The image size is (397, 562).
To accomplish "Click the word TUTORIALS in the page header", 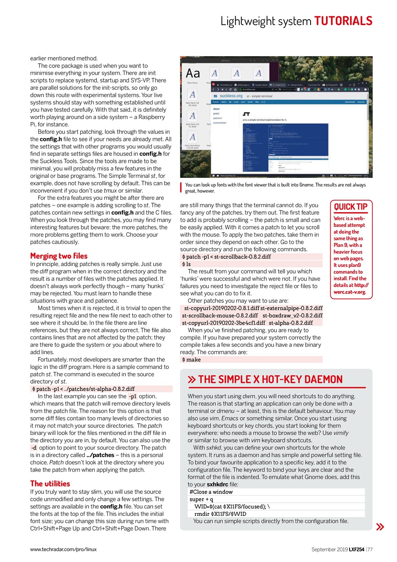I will tap(343, 21).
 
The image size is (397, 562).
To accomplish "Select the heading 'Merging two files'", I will tap(59, 256).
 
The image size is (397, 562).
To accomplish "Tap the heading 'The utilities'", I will tap(50, 483).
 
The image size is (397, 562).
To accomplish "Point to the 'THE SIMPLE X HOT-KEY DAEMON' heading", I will tap(270, 379).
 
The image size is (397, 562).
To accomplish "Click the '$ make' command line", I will tap(191, 360).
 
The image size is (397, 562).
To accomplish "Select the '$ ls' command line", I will tap(186, 264).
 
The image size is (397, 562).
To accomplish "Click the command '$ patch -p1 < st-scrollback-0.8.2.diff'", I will tap(226, 257).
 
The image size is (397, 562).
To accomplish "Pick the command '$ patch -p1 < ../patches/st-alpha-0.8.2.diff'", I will tap(83, 389).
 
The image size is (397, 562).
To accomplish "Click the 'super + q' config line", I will tap(201, 499).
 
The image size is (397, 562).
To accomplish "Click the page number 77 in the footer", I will tap(369, 549).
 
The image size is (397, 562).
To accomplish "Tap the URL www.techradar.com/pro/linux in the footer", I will tap(63, 549).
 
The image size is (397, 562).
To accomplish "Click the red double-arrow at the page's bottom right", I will tap(380, 527).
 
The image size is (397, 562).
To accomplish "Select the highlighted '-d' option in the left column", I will tap(34, 448).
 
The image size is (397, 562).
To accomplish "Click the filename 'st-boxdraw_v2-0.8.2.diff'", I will tap(293, 315).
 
